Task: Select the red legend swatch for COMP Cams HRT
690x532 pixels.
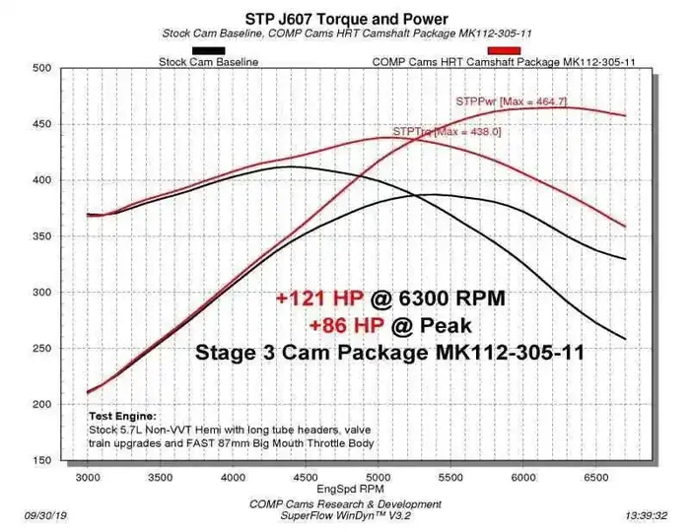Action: click(x=504, y=49)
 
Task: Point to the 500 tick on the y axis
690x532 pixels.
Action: click(x=40, y=68)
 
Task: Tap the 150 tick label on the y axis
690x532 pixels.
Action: click(x=40, y=461)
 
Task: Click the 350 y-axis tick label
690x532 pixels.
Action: click(x=40, y=236)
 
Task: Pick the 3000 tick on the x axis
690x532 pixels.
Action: click(x=88, y=477)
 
